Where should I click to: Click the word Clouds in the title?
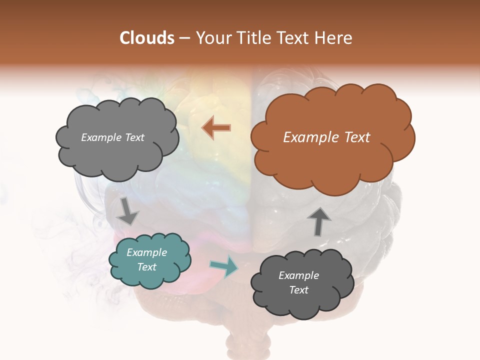[147, 38]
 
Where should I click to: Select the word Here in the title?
[334, 38]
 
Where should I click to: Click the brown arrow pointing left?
[216, 128]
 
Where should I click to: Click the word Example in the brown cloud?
[305, 137]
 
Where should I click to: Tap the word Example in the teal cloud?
[146, 252]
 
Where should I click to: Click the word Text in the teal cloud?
[146, 267]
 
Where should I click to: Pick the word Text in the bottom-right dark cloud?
[298, 290]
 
